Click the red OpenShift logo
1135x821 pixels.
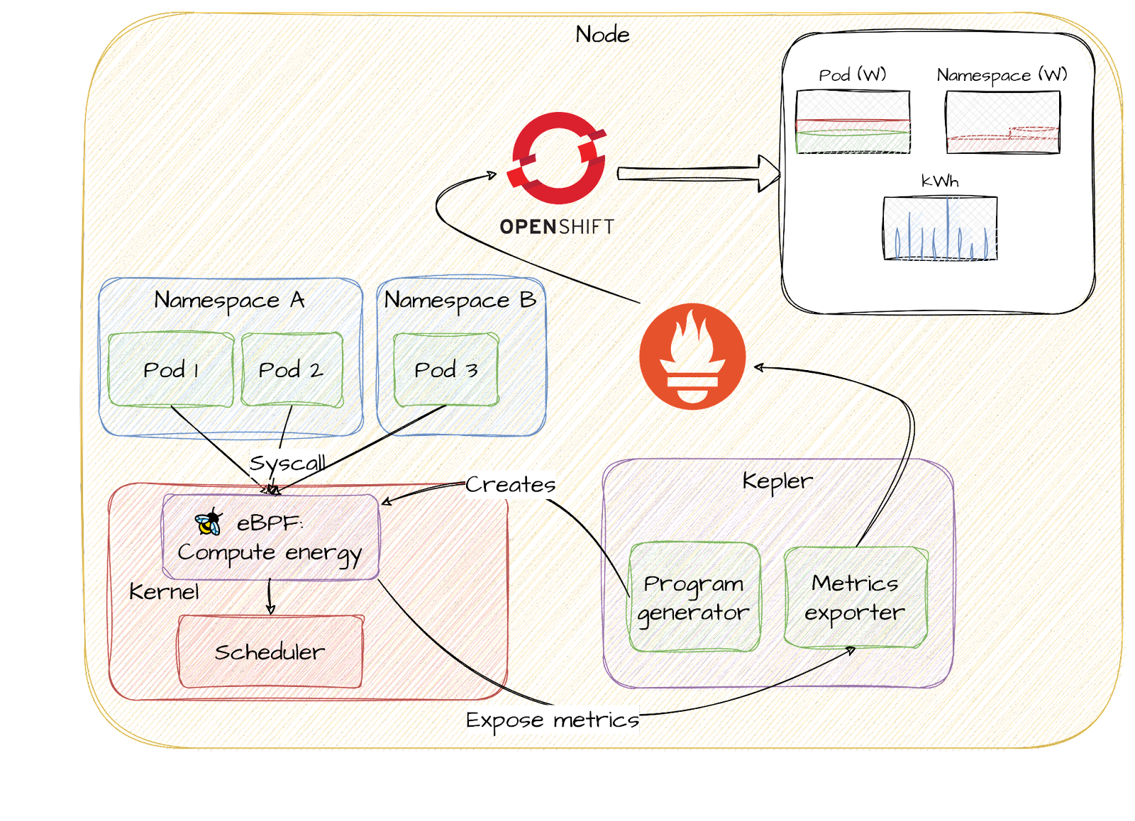(557, 158)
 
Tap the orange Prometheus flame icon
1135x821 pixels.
(692, 357)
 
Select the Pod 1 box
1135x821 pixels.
(171, 369)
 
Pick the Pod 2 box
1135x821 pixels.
(292, 369)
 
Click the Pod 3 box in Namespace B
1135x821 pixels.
(445, 369)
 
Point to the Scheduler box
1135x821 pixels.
(270, 652)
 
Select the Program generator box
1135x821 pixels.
(694, 597)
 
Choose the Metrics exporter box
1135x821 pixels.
(856, 597)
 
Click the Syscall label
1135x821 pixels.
(287, 464)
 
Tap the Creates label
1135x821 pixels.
(510, 485)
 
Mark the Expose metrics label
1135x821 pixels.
(552, 720)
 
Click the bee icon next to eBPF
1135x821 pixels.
(209, 523)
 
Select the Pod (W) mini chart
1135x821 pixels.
(853, 122)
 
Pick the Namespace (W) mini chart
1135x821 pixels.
(1002, 122)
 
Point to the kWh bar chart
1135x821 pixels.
(940, 228)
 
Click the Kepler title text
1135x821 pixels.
(777, 481)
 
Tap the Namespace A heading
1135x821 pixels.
(230, 301)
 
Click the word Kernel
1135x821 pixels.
(165, 591)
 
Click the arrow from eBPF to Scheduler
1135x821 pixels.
(270, 597)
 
